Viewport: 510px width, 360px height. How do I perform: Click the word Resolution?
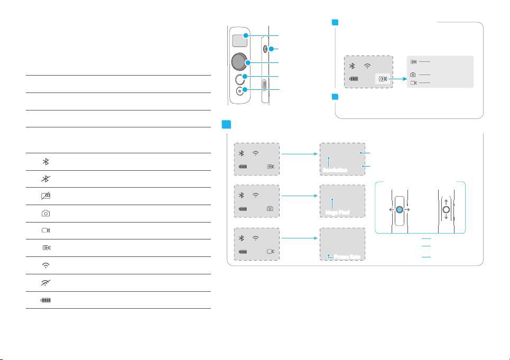coord(332,170)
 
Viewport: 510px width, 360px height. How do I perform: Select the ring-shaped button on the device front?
coord(240,79)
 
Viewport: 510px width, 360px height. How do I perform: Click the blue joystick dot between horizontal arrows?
coord(400,209)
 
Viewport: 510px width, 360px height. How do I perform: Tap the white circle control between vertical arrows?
coord(446,209)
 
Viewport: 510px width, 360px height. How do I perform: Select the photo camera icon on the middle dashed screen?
coord(270,208)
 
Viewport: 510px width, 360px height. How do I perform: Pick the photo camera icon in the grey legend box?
coord(413,75)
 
